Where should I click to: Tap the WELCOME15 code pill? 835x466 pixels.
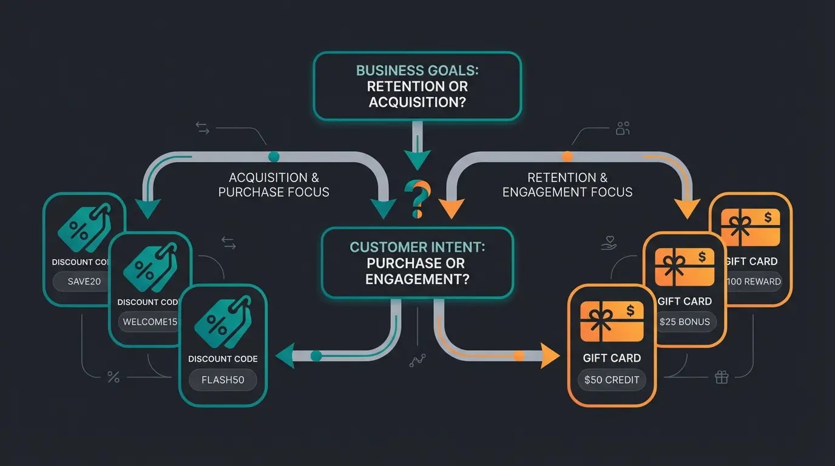click(x=149, y=322)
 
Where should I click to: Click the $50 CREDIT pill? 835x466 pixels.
click(x=612, y=380)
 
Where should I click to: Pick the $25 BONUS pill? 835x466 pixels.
click(x=685, y=322)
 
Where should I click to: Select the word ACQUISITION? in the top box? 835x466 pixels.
click(x=417, y=101)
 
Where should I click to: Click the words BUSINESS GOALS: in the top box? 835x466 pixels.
click(x=417, y=70)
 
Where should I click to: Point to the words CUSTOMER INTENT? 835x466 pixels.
click(x=417, y=248)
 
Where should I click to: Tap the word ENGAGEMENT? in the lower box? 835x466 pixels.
click(x=417, y=279)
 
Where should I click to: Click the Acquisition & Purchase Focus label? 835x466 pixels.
click(x=274, y=185)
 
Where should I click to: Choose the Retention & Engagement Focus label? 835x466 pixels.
click(x=567, y=185)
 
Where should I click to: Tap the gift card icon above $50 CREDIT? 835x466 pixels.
click(x=612, y=322)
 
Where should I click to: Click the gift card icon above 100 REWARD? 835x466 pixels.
click(x=751, y=226)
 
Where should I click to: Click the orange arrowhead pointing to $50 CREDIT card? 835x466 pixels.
click(x=550, y=356)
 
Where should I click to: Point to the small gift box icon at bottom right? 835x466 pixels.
click(x=722, y=377)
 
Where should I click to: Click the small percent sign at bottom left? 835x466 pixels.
click(x=113, y=377)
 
